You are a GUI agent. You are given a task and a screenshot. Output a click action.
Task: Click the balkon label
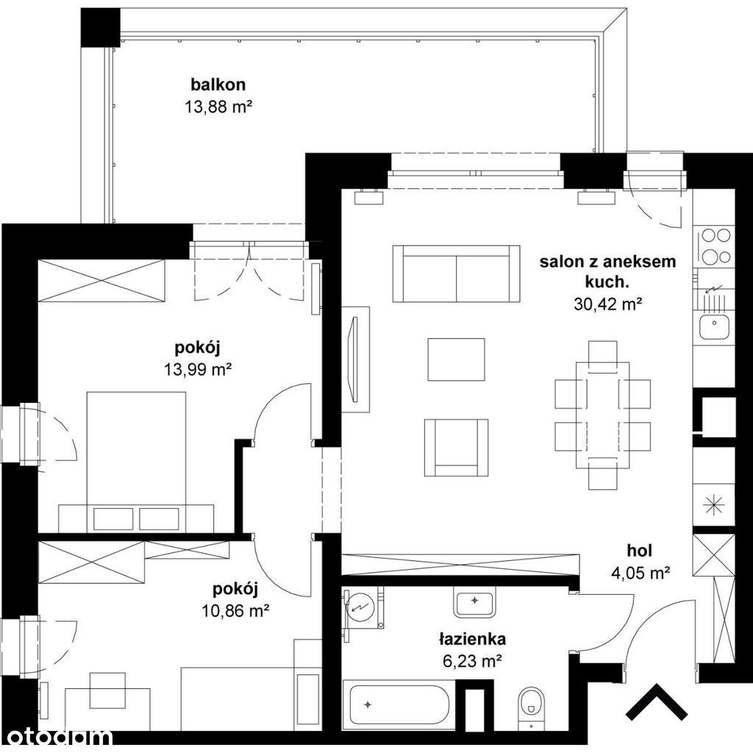tap(218, 85)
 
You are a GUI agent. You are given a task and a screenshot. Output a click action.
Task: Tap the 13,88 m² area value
tap(218, 107)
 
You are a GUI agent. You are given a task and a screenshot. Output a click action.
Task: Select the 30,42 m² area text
tap(608, 304)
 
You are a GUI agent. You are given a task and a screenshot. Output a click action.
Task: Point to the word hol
tap(640, 550)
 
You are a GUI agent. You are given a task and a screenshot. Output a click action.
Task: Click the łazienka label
tap(472, 639)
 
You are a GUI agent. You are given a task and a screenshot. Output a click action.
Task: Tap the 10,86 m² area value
tap(235, 611)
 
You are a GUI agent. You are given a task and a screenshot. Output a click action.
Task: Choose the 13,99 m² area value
tap(198, 369)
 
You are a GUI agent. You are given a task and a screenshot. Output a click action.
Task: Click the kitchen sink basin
tap(714, 326)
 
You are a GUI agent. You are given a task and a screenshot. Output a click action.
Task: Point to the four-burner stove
tap(715, 246)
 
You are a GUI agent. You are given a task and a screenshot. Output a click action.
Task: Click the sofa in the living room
tap(456, 274)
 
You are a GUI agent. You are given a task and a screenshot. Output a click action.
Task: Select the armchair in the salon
tap(456, 448)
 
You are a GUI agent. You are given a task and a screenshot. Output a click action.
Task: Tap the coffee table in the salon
tap(456, 359)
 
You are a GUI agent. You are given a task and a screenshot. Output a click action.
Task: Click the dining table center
tap(603, 415)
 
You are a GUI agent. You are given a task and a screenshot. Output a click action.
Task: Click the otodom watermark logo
tap(56, 737)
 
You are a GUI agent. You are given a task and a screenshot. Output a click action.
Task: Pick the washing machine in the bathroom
tap(363, 607)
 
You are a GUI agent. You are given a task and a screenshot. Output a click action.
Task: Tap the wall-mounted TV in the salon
tap(354, 359)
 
